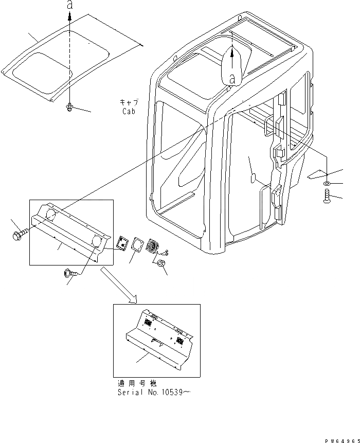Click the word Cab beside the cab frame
click(129, 111)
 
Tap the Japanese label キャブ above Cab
click(129, 102)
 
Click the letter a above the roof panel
click(69, 6)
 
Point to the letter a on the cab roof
click(232, 78)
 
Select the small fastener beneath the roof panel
click(69, 107)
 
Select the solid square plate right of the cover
click(122, 243)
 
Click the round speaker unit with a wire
click(154, 246)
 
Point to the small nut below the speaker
click(160, 264)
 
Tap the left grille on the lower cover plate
click(147, 322)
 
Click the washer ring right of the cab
click(328, 184)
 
